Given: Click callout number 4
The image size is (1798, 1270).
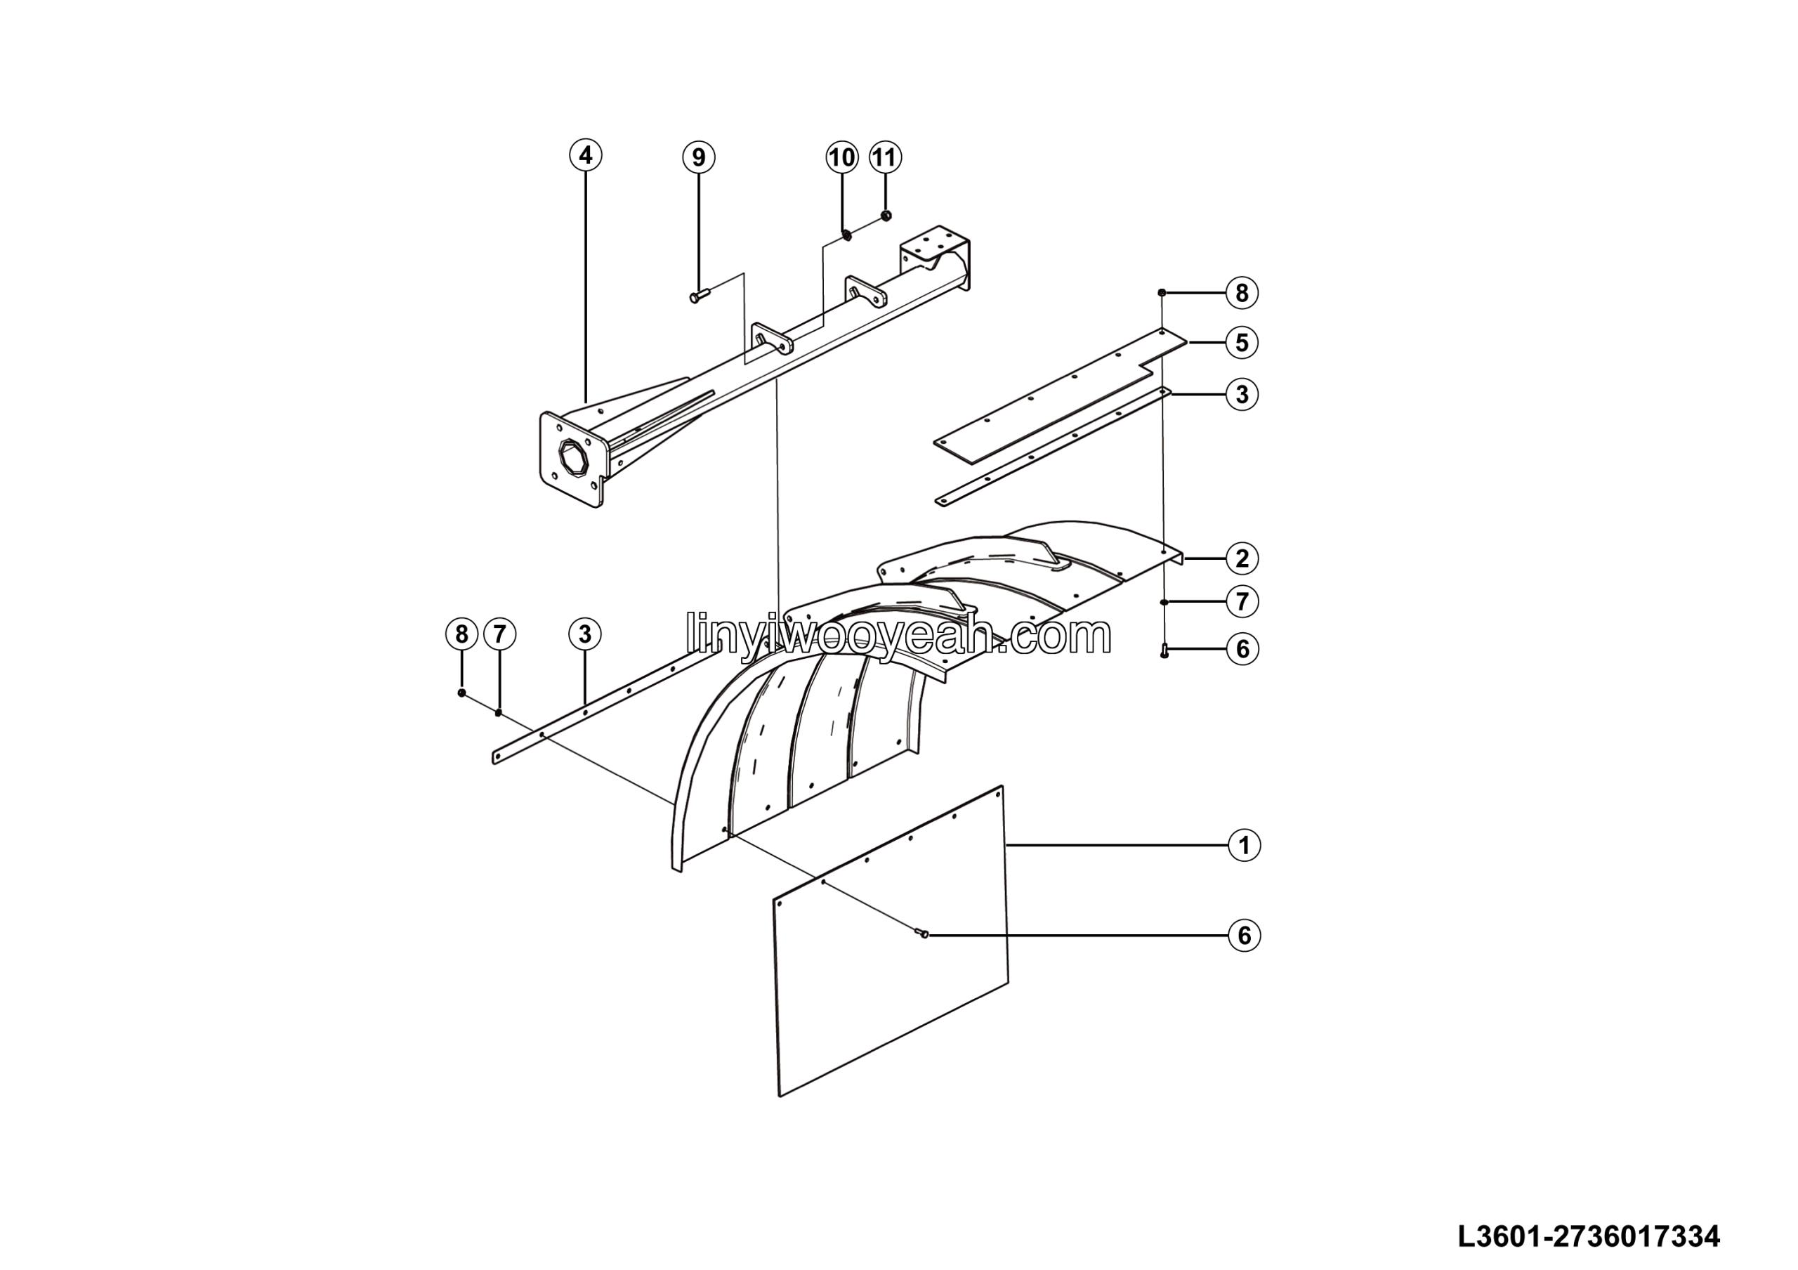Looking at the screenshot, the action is click(586, 155).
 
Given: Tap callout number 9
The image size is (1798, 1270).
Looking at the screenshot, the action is click(699, 157).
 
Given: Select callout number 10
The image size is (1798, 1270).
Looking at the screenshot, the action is click(842, 157).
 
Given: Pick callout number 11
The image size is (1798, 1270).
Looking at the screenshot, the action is click(885, 157).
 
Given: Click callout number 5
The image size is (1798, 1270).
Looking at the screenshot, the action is click(1242, 342).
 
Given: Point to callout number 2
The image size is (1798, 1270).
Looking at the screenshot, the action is click(1242, 558).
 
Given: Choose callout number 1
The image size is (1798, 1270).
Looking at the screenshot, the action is click(1245, 845).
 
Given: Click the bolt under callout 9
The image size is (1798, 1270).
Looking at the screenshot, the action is click(699, 296).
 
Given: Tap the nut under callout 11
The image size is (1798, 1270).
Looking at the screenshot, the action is click(886, 216).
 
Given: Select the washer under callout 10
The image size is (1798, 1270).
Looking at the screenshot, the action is click(846, 233).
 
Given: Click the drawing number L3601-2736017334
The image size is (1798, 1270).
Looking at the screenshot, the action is click(1589, 1236).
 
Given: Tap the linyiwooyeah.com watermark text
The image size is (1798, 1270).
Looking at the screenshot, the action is click(898, 635).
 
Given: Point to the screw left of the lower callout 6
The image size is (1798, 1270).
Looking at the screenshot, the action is click(921, 933).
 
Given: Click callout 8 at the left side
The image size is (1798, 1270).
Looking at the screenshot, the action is click(461, 634).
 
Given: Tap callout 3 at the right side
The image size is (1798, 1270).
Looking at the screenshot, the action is click(1242, 394).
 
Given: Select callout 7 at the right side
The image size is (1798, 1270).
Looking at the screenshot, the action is click(1242, 601).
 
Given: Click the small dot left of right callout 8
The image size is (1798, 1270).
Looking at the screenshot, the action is click(1162, 292).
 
